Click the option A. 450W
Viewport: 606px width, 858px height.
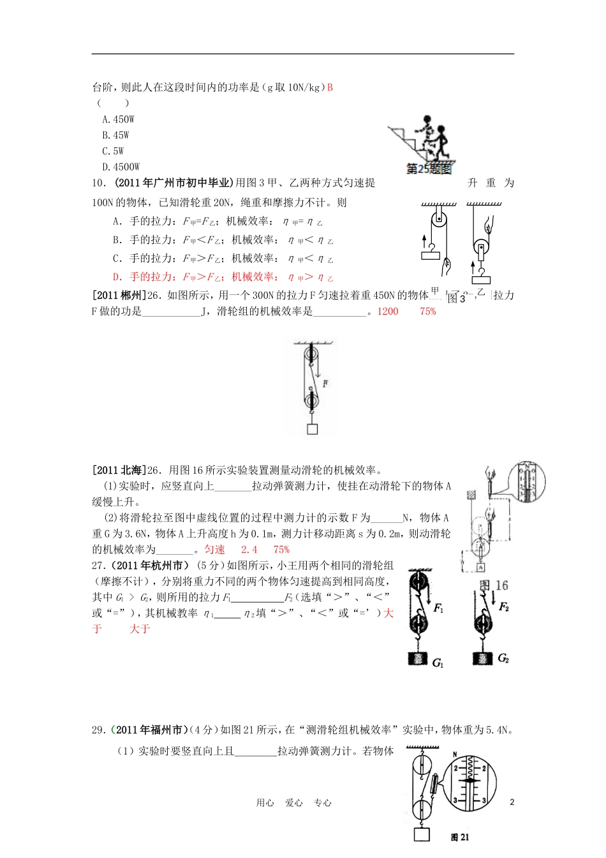point(119,119)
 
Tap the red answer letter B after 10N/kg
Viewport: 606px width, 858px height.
point(330,87)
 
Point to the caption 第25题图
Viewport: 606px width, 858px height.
point(429,169)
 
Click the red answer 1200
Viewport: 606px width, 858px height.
point(388,312)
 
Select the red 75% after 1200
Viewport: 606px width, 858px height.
point(428,312)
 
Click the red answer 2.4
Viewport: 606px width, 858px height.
point(249,550)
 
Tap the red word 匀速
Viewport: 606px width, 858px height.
point(214,550)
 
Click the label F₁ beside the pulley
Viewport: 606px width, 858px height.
point(438,608)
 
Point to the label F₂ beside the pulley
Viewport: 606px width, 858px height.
point(504,606)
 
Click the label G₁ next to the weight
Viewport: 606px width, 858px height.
point(438,663)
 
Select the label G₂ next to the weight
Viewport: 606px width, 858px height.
point(503,658)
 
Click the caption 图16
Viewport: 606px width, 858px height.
point(494,585)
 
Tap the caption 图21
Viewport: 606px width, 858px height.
point(460,837)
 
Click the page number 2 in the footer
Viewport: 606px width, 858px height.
point(512,802)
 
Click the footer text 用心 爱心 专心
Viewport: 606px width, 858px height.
point(293,803)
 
